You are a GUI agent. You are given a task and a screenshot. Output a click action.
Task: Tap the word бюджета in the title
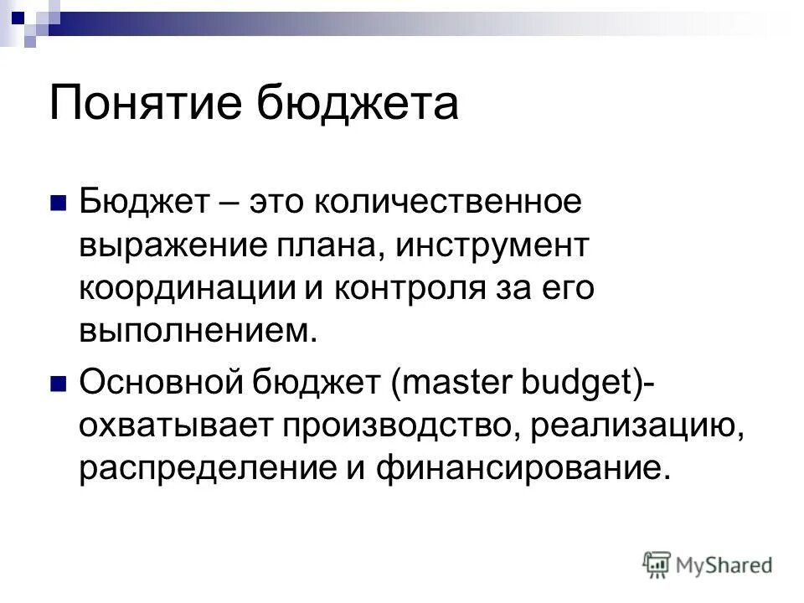[355, 105]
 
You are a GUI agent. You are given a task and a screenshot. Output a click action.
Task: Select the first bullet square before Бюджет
[58, 204]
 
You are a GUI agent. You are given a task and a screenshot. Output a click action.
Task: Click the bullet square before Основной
[58, 384]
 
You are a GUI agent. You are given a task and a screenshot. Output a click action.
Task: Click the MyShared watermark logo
[708, 564]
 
